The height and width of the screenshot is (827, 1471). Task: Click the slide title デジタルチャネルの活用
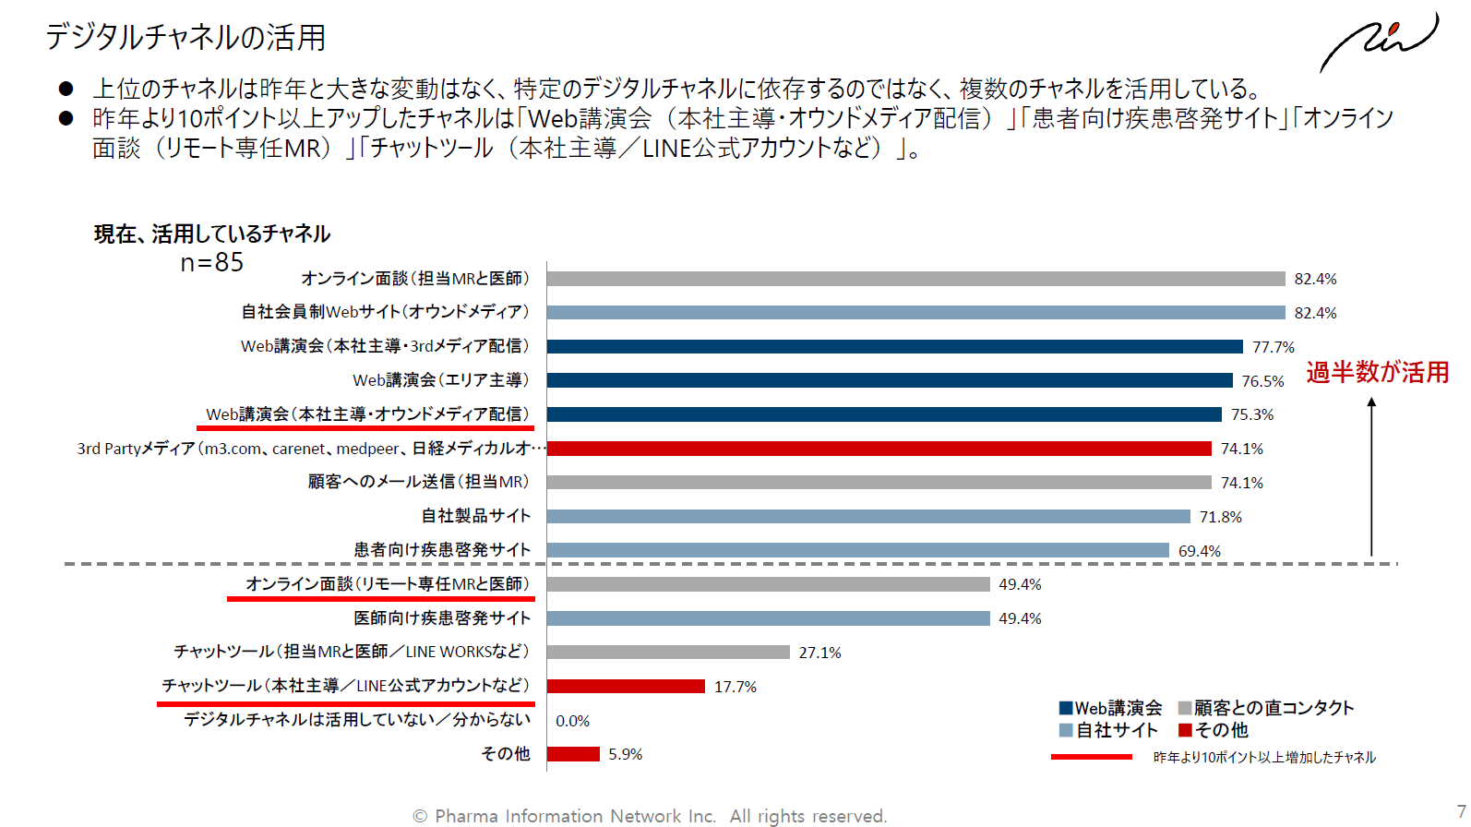(185, 37)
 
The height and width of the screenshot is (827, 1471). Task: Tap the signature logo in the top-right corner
(1379, 42)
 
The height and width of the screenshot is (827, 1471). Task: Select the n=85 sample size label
(212, 263)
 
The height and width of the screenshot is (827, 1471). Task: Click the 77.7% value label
(1273, 347)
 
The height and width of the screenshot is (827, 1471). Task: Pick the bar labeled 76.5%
(889, 380)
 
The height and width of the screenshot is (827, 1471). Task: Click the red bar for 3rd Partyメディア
(879, 449)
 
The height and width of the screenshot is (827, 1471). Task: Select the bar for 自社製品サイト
(867, 517)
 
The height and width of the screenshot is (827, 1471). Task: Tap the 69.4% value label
(1199, 551)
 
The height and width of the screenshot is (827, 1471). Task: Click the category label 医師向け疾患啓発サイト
(442, 618)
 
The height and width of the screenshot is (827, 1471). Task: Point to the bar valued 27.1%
(668, 653)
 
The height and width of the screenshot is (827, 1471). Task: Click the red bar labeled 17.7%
(626, 687)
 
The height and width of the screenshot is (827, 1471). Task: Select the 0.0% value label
(572, 721)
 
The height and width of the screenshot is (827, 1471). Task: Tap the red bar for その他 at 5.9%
(573, 754)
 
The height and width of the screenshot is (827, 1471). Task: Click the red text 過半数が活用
(1377, 372)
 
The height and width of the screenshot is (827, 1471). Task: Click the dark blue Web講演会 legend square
(1066, 708)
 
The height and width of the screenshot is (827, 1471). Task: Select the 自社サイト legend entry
(1108, 730)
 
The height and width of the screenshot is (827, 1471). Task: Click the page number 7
(1461, 811)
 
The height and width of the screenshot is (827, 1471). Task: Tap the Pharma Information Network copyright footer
(650, 816)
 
